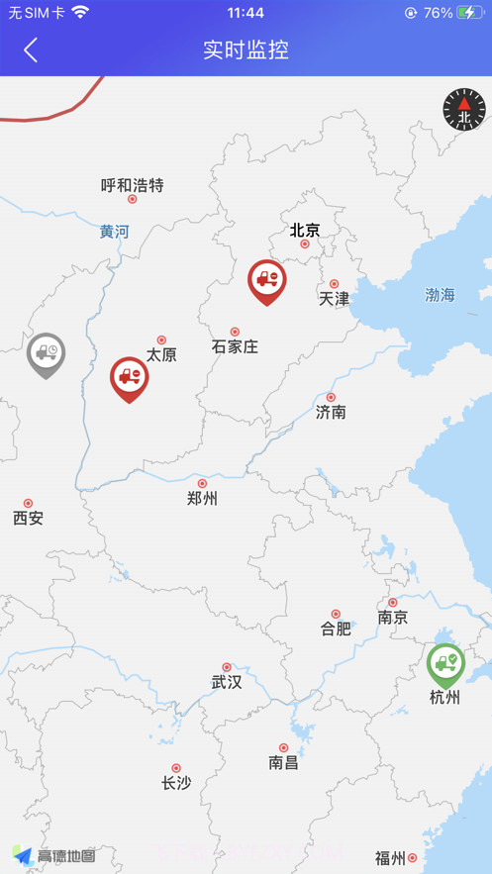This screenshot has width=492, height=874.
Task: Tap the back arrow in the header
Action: click(x=32, y=50)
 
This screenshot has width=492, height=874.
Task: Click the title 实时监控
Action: click(x=246, y=50)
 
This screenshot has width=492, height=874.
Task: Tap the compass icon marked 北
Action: click(x=464, y=110)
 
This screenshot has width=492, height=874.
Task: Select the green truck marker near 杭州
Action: click(x=445, y=663)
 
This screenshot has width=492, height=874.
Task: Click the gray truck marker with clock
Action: click(x=46, y=353)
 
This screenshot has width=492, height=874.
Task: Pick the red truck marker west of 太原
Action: click(x=129, y=377)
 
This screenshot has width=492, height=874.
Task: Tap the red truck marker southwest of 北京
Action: click(x=266, y=280)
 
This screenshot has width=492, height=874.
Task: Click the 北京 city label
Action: click(x=305, y=231)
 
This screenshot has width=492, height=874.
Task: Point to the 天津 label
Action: click(x=334, y=298)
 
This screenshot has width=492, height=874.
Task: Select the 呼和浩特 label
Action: click(x=132, y=185)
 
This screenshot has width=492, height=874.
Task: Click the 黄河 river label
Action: click(x=114, y=232)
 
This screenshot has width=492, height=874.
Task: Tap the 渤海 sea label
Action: click(x=440, y=295)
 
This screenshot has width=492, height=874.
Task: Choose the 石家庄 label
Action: click(x=235, y=346)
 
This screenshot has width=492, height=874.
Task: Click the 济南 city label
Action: click(x=331, y=412)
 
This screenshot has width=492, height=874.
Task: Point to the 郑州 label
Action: click(x=202, y=498)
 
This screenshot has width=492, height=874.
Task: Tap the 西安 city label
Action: click(x=28, y=518)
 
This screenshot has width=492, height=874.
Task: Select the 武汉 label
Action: click(x=226, y=682)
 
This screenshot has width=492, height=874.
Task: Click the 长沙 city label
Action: click(x=176, y=783)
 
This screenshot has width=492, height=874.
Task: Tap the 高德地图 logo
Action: click(x=54, y=855)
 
